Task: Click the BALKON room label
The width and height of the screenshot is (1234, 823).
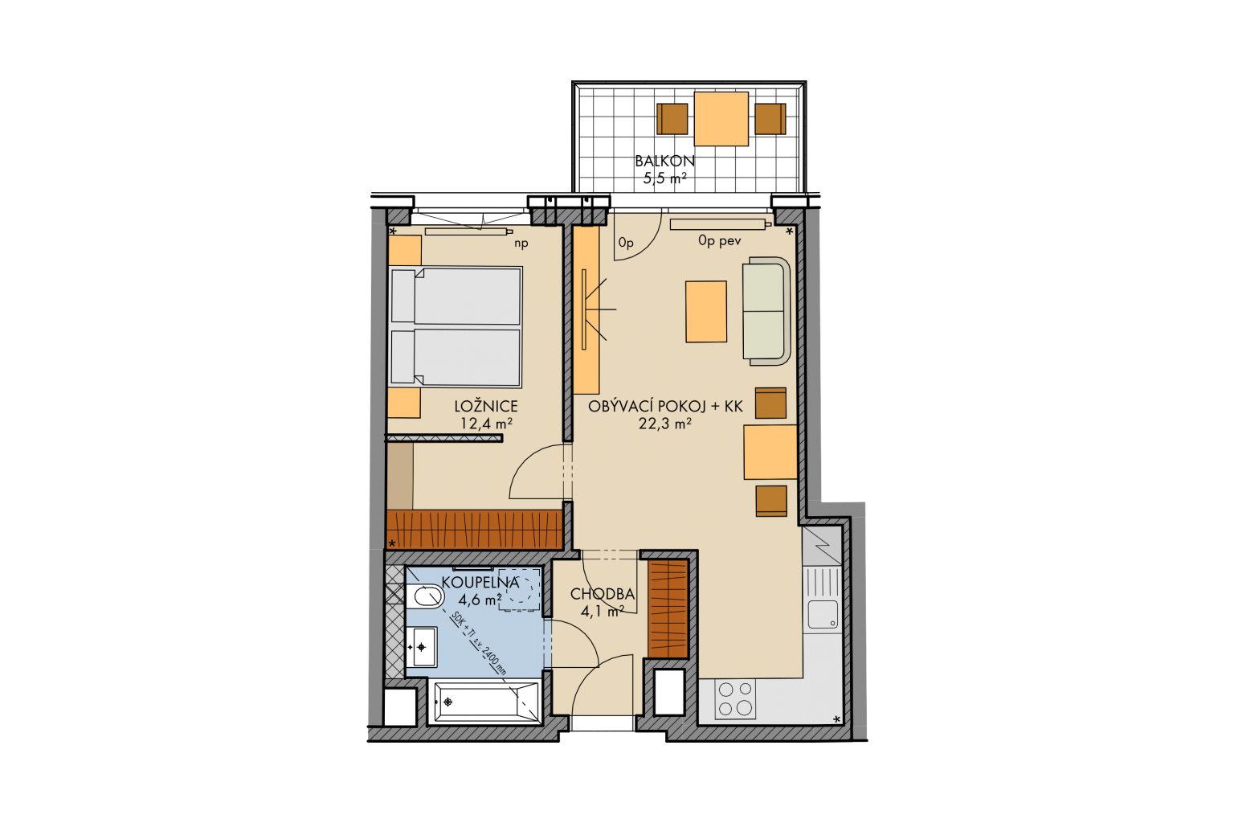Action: click(x=665, y=161)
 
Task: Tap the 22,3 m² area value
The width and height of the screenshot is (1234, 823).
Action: click(x=665, y=424)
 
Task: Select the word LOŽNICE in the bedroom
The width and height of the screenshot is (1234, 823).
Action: click(x=486, y=406)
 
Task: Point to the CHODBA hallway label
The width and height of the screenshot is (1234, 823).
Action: click(x=602, y=594)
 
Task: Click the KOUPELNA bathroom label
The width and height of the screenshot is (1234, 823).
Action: click(x=480, y=582)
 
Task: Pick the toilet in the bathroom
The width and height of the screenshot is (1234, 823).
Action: click(x=425, y=597)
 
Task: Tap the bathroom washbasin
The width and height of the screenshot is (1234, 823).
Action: click(x=422, y=647)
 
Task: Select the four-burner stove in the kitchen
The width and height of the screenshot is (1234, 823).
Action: click(x=735, y=698)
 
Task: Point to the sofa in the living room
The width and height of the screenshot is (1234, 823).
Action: click(x=766, y=311)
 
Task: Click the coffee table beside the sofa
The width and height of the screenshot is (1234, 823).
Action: click(x=705, y=312)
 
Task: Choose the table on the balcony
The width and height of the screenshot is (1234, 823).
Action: click(x=721, y=119)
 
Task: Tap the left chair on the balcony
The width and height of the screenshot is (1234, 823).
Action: click(x=672, y=119)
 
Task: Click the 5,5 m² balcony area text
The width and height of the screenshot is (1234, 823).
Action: click(x=664, y=178)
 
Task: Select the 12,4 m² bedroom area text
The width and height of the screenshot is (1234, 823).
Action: click(x=486, y=424)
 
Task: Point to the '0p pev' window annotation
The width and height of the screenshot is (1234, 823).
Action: click(x=720, y=240)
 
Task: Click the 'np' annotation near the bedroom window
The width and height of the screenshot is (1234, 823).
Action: click(x=521, y=243)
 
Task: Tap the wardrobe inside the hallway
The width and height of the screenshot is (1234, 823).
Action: click(x=668, y=609)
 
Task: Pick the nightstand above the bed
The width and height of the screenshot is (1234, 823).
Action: click(x=404, y=251)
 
